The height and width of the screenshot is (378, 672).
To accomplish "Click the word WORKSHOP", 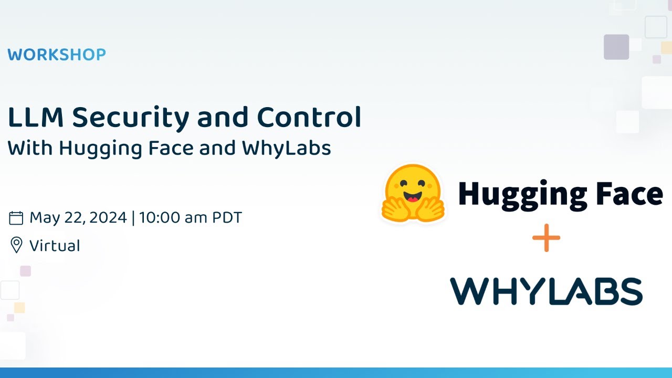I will click(57, 55).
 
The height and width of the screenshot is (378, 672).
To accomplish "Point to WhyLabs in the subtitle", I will click(286, 149).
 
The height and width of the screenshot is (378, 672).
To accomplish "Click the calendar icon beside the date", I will click(16, 218).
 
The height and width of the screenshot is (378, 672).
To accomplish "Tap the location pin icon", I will click(16, 245).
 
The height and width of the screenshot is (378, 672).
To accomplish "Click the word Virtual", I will click(55, 246).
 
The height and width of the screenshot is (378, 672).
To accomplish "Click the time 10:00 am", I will click(173, 218).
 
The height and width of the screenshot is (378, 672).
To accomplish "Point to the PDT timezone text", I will click(227, 218).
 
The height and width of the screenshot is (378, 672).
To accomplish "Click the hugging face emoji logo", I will click(413, 193).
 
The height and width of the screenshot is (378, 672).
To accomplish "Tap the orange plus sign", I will click(546, 238).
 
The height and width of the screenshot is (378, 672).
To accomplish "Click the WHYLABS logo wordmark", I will click(546, 291).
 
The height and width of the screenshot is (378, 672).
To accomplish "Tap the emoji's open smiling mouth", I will click(413, 198).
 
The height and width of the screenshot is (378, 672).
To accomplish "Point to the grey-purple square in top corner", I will click(616, 47).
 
